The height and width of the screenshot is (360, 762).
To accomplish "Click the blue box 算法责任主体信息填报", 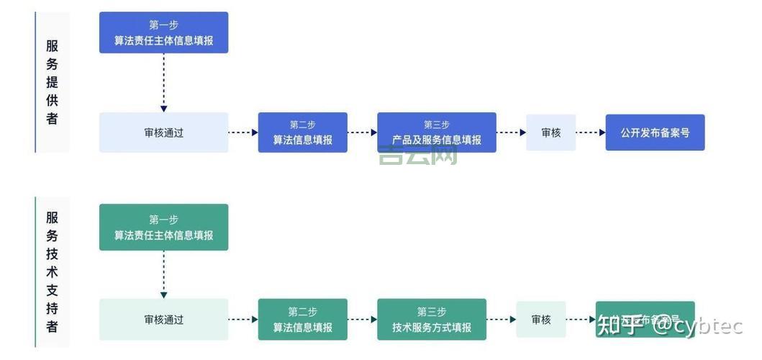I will pos(163,32).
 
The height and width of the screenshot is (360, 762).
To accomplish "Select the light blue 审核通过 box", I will pos(163,132).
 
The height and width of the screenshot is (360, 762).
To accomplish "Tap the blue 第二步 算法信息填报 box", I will pos(302,132).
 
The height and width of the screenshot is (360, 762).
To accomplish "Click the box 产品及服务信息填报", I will pos(436,132).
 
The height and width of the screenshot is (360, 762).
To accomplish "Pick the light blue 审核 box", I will pos(550,132).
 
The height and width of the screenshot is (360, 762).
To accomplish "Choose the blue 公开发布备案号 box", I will pos(655,132).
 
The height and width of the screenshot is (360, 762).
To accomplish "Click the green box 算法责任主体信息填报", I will pos(163,228).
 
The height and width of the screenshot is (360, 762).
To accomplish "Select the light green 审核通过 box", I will pos(163,320).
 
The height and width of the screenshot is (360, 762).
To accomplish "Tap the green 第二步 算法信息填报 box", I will pos(302,320).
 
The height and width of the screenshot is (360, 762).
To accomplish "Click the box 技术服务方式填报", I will pos(432,320).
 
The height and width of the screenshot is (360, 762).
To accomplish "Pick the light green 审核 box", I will pos(541,320).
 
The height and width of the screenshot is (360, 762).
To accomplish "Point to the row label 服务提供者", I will pos(52,82).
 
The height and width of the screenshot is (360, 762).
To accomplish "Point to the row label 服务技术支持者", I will pos(52,272).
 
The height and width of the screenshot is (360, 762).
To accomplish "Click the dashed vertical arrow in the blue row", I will pos(163,82).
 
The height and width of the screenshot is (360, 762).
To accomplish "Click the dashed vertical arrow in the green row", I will pos(163,274).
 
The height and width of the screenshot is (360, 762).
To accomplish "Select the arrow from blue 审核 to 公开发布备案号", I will pos(591,132).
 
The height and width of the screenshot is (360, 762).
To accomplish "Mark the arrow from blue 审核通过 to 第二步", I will pos(243,132).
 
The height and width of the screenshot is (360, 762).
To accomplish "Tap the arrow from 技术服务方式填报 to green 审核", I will pos(502,320).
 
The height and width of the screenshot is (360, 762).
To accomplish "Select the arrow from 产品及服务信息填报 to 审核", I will pos(511,132).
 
